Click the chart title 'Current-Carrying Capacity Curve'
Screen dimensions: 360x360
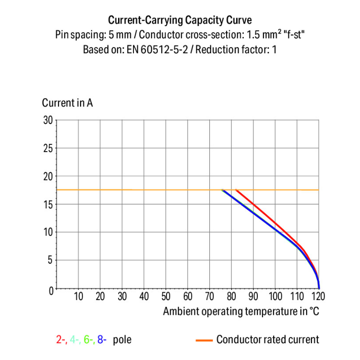180,20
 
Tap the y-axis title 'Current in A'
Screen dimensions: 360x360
67,103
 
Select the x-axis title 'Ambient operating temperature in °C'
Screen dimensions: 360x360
241,311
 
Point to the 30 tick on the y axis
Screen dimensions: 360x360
48,120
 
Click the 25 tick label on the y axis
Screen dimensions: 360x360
48,148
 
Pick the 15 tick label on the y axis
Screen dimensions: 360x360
48,204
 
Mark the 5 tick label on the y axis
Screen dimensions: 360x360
49,260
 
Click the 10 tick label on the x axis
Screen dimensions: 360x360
78,296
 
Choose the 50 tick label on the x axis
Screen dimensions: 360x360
166,296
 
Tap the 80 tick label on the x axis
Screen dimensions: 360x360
232,296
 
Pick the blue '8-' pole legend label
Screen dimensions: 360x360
101,340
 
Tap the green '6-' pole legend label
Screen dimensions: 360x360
88,340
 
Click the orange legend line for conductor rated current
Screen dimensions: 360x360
204,340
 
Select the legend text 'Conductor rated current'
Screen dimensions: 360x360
267,340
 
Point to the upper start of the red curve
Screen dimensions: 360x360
236,190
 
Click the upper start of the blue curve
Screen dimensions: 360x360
223,191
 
